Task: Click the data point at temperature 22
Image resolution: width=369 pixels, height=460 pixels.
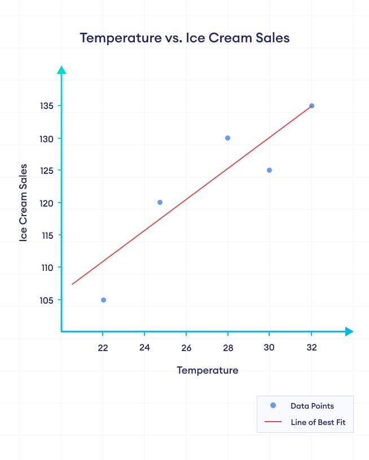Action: click(103, 300)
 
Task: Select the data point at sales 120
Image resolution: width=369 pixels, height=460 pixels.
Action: click(160, 202)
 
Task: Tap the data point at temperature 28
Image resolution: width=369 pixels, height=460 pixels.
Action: click(227, 138)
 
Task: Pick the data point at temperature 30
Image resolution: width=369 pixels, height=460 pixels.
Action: click(269, 170)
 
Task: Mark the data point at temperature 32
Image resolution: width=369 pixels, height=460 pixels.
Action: click(311, 106)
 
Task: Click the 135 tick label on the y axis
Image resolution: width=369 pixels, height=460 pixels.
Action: click(46, 106)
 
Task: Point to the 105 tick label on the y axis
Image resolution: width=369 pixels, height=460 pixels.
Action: click(46, 300)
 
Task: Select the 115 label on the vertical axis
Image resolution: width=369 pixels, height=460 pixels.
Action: click(46, 235)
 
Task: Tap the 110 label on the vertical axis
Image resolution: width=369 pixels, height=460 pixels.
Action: click(46, 268)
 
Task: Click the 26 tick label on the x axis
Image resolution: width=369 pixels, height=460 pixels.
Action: click(186, 348)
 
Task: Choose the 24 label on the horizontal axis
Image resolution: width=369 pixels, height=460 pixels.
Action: click(144, 348)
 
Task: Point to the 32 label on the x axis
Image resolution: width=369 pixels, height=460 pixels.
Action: click(311, 348)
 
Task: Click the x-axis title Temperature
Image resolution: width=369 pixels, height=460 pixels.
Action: click(207, 370)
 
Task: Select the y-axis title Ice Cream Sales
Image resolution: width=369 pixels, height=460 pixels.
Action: click(24, 203)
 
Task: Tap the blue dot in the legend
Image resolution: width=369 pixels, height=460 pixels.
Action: click(273, 405)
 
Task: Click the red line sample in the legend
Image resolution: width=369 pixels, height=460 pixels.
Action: click(273, 422)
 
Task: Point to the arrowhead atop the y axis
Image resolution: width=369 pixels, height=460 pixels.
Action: click(61, 69)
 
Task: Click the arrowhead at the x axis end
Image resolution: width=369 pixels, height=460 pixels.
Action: click(349, 331)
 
